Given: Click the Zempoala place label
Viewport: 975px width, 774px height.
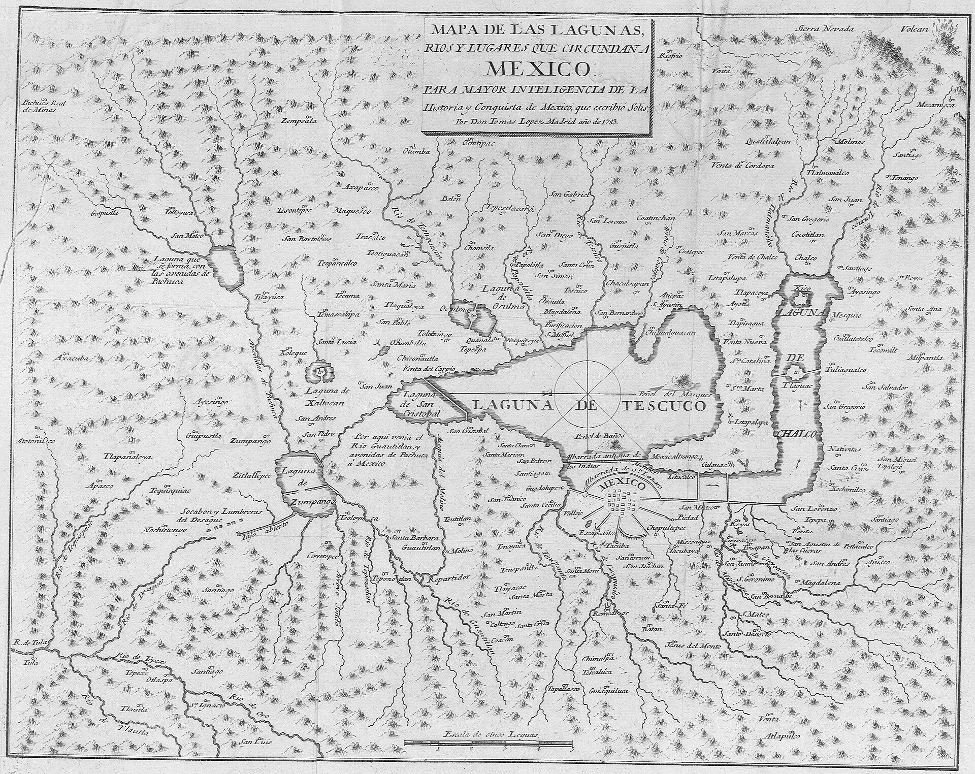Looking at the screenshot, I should point(300,121).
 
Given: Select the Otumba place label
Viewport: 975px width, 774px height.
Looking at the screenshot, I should point(416,151).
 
